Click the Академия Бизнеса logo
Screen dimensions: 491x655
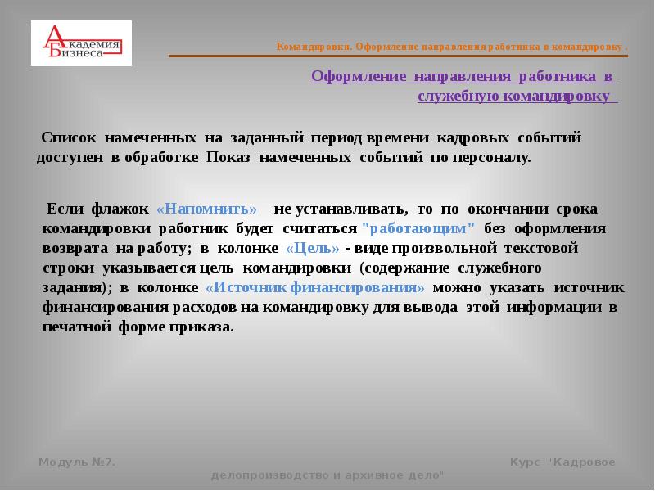point(81,43)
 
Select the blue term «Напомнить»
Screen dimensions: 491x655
point(206,209)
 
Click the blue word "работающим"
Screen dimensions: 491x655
point(418,227)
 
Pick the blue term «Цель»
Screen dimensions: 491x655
point(312,247)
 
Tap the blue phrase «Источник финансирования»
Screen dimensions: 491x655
point(316,287)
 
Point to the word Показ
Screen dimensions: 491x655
point(229,157)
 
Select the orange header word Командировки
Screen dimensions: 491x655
point(314,47)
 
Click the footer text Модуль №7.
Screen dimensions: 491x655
point(77,462)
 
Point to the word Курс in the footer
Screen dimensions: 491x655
point(524,462)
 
